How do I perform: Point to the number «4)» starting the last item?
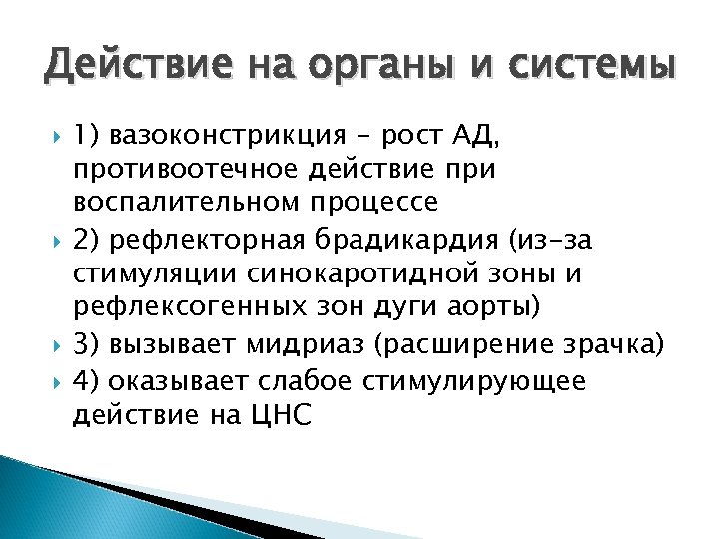87,381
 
